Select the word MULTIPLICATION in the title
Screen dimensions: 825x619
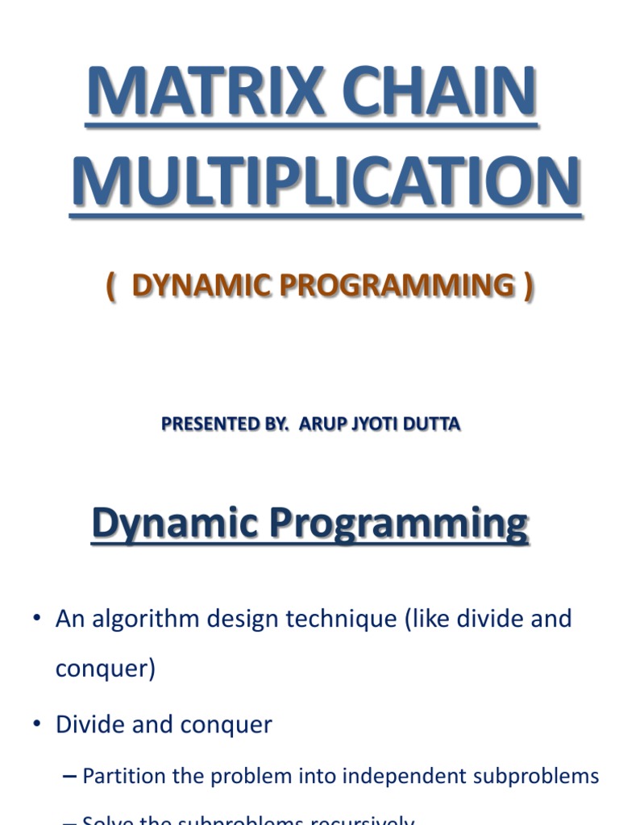pyautogui.click(x=325, y=182)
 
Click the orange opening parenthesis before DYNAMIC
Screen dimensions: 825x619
pyautogui.click(x=110, y=286)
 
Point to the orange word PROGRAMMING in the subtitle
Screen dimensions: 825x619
pyautogui.click(x=388, y=285)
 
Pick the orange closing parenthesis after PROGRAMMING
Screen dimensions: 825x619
pyautogui.click(x=528, y=286)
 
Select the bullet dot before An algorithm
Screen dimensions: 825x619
pyautogui.click(x=36, y=620)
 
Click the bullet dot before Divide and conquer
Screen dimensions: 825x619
pyautogui.click(x=36, y=724)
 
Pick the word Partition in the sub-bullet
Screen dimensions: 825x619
pyautogui.click(x=121, y=777)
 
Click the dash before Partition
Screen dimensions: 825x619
pyautogui.click(x=69, y=777)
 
